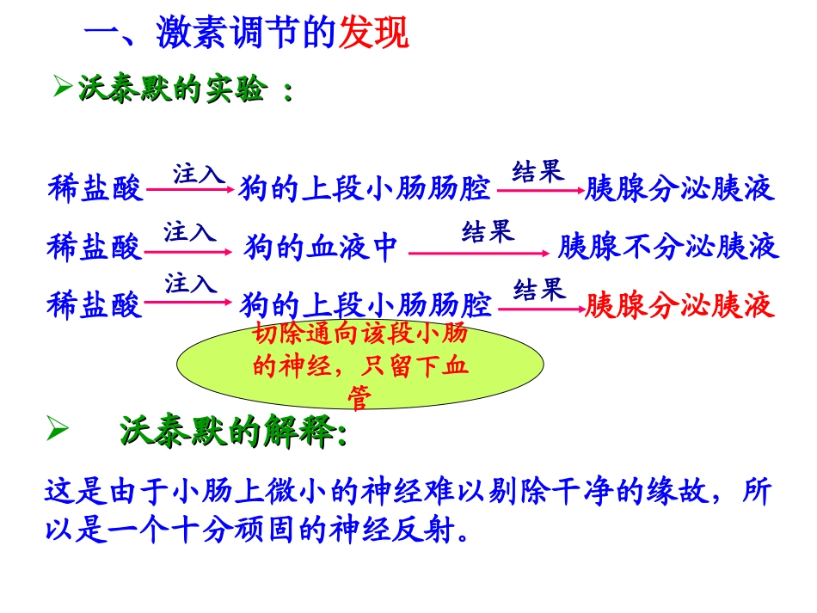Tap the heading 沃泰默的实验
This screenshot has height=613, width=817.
coord(171,89)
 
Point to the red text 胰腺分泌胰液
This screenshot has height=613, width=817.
coord(679,306)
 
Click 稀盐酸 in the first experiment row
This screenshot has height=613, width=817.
coord(95,188)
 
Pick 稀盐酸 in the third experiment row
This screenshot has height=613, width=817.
coord(95,306)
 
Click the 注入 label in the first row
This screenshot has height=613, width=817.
coord(199,175)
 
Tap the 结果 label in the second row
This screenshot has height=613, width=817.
coord(488,231)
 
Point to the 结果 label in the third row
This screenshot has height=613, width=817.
coord(540,289)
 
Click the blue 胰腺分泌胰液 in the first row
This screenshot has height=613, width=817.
coord(679,188)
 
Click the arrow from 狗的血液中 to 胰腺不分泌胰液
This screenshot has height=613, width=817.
coord(478,253)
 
